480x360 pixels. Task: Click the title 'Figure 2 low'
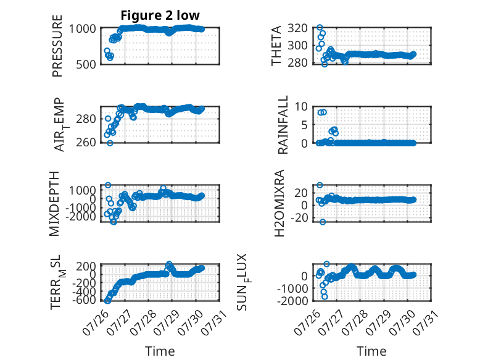(x=160, y=15)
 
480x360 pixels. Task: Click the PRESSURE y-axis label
(x=57, y=46)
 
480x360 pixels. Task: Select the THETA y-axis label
(x=276, y=46)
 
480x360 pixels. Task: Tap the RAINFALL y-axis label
(x=283, y=124)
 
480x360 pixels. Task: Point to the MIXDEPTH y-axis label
(x=54, y=203)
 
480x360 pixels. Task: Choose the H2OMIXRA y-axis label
(x=279, y=203)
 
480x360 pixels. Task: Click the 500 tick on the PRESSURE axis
(x=86, y=65)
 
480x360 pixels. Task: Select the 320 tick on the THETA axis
(x=297, y=28)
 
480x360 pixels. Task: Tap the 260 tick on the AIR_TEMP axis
(x=86, y=143)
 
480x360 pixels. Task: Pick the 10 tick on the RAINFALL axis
(x=301, y=107)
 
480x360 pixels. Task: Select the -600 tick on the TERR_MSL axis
(x=84, y=300)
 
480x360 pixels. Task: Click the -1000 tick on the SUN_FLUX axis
(x=292, y=288)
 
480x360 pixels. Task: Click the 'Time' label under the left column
(x=160, y=351)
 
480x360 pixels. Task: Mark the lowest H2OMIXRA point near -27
(x=323, y=222)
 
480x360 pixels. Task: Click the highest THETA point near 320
(x=320, y=28)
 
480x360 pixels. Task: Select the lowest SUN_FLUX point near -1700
(x=325, y=296)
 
